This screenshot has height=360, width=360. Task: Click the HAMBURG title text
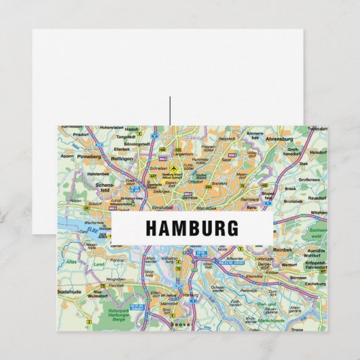point(192,228)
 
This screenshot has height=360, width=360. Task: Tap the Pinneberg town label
point(90,156)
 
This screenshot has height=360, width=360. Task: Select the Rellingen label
point(123,160)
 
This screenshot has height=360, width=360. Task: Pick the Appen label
point(66,155)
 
